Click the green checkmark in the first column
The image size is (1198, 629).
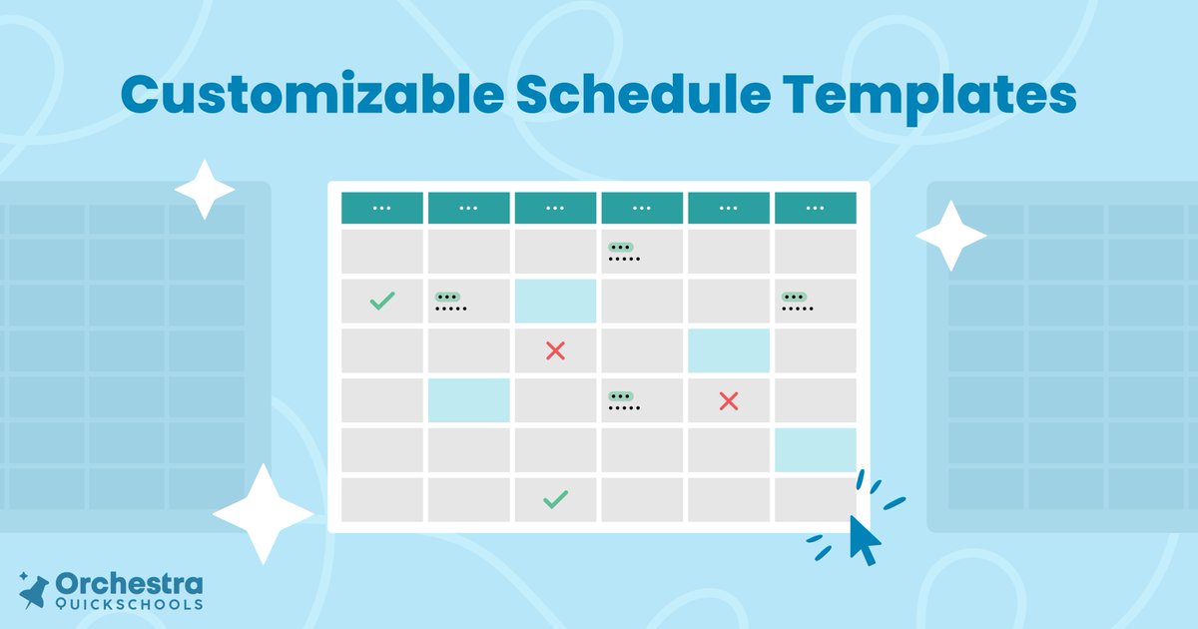381,301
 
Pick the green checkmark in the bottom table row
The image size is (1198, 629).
555,499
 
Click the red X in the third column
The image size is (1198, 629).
555,350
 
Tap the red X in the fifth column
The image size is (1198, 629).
729,400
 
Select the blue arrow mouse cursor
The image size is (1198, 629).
865,539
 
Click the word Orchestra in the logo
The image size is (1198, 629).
130,584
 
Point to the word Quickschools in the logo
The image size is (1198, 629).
130,603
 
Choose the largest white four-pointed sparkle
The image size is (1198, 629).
263,513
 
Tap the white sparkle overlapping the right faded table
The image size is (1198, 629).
950,236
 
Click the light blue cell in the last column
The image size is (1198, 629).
815,450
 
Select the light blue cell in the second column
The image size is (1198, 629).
468,400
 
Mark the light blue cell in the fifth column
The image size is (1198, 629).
729,350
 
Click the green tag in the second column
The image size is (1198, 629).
446,297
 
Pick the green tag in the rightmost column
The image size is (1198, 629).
794,297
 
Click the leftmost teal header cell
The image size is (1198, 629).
381,208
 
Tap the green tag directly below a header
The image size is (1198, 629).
620,247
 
